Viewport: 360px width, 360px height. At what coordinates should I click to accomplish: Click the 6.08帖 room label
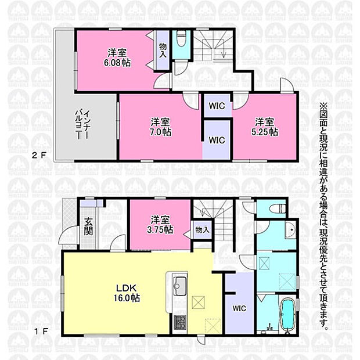117,57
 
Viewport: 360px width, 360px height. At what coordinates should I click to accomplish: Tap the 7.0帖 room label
161,127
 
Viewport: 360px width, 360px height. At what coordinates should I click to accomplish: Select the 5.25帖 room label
265,127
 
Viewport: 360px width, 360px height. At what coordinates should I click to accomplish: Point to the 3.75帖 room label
160,225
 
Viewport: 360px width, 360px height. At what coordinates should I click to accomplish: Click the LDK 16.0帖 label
127,293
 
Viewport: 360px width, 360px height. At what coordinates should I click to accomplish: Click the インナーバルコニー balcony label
82,125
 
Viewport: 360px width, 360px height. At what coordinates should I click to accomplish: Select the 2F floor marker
39,156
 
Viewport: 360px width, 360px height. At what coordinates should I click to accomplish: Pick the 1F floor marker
41,332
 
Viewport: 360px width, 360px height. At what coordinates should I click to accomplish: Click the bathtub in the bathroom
288,314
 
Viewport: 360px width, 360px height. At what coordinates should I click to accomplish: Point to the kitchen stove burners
180,322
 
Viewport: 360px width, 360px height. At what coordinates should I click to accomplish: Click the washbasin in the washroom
291,230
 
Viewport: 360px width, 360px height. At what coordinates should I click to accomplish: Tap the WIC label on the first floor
239,308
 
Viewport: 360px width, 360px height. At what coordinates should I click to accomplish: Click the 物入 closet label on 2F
163,51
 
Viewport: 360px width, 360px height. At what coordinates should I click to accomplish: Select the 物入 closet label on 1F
202,229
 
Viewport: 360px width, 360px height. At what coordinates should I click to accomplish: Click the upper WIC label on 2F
217,106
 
